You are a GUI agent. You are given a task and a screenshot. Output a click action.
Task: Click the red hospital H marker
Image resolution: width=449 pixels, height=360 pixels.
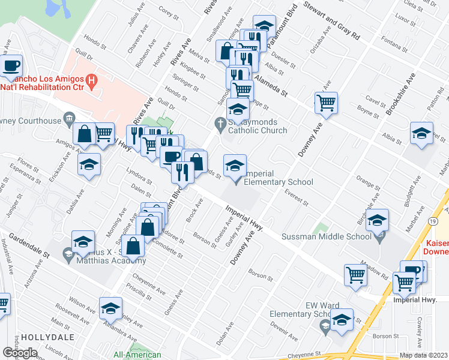(91, 79)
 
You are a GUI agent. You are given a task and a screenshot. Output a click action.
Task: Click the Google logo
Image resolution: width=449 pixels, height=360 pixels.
(20, 353)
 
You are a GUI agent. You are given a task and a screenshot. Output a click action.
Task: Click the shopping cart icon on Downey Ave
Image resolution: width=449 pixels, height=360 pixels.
(326, 103)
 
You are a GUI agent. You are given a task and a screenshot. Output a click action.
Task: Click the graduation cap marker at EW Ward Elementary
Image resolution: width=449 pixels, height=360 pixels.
(342, 320)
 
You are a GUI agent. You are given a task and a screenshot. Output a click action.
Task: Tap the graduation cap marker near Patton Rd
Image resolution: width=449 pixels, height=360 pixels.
(421, 133)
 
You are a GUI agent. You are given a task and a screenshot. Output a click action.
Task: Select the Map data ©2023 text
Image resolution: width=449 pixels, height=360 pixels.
(424, 355)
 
